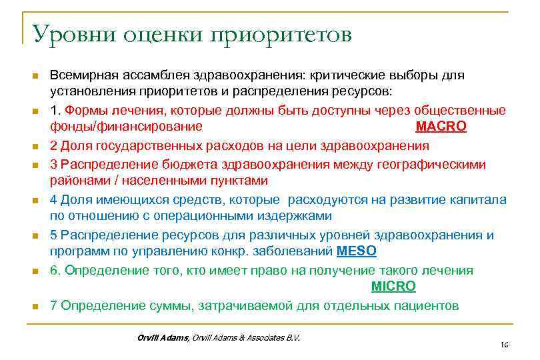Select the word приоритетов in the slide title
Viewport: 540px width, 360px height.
pos(281,35)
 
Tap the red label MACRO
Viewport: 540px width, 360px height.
pos(441,127)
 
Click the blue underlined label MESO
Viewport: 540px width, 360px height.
pos(357,252)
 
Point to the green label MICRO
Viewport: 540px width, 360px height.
pos(393,286)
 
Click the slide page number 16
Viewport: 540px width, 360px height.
pos(504,345)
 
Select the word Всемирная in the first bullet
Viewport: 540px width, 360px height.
pos(83,75)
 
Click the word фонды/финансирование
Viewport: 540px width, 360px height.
pos(126,127)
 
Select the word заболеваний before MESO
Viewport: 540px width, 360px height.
pos(297,252)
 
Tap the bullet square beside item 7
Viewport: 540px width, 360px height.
pos(35,307)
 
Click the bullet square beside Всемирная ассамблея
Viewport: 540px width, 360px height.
pos(35,75)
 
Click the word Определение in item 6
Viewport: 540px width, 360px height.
pos(99,270)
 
